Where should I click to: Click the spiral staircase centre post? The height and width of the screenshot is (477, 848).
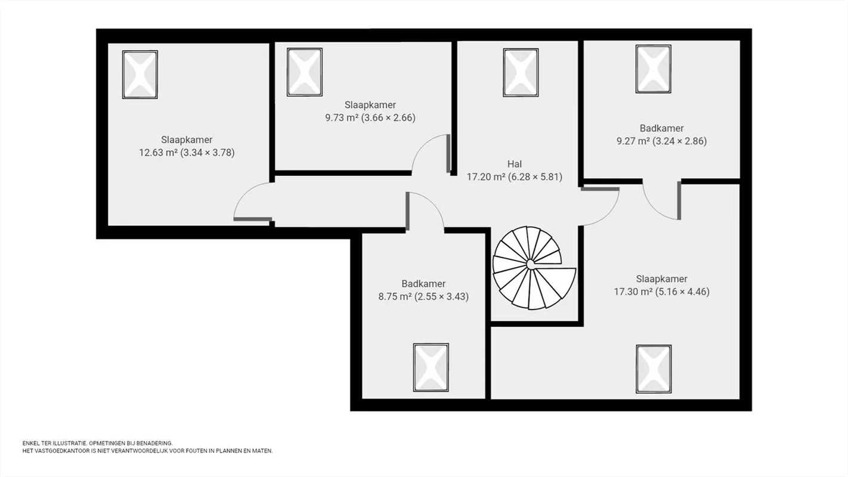coord(531,265)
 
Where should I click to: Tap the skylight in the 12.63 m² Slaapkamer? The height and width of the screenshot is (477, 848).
coord(140,75)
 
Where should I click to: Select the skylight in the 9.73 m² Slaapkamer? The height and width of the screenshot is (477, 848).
coord(305,72)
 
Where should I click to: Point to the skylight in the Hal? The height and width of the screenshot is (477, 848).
coord(521,72)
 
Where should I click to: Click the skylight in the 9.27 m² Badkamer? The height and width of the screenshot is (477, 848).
coord(654,69)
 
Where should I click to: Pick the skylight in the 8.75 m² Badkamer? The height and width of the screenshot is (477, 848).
coord(431,368)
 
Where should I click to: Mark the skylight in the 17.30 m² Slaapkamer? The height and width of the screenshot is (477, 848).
coord(654,369)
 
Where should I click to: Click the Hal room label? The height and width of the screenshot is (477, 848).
coord(515,164)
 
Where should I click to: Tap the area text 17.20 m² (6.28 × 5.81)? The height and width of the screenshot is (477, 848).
coord(515,177)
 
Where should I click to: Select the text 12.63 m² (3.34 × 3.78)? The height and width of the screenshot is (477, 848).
coord(187,153)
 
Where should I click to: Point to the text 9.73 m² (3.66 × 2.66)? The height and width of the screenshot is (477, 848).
coord(370,117)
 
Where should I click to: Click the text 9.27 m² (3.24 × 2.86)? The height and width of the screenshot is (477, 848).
coord(662,141)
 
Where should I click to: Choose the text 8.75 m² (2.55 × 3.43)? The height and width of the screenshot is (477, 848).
coord(423,296)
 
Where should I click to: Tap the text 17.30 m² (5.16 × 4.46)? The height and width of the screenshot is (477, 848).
coord(662,292)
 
